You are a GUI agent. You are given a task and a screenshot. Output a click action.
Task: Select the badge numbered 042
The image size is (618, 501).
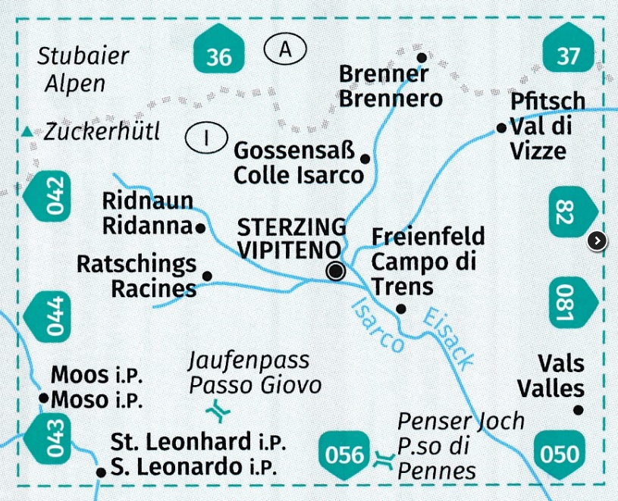click(51, 195)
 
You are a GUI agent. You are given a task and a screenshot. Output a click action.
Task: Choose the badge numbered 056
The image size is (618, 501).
click(345, 453)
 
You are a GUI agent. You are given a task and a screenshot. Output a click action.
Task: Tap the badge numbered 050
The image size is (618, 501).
click(560, 453)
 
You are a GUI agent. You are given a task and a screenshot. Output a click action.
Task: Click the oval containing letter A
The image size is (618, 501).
click(285, 50)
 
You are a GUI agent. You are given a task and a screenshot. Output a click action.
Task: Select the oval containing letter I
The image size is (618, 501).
click(206, 137)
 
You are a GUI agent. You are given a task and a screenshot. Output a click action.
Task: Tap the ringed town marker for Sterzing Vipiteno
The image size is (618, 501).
click(335, 271)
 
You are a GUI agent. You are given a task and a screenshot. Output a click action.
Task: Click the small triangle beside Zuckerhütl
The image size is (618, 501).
click(28, 132)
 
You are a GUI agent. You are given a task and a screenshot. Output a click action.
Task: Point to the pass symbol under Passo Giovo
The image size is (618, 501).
click(220, 412)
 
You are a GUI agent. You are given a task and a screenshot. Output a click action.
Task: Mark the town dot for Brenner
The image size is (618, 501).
click(422, 57)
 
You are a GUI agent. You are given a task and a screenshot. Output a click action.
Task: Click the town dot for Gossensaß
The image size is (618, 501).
click(365, 158)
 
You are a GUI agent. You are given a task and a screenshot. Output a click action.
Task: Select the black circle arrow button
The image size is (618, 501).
click(598, 241)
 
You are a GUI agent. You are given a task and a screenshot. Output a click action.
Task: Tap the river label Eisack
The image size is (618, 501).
click(448, 339)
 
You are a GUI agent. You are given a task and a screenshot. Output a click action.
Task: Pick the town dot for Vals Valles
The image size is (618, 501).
click(578, 410)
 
